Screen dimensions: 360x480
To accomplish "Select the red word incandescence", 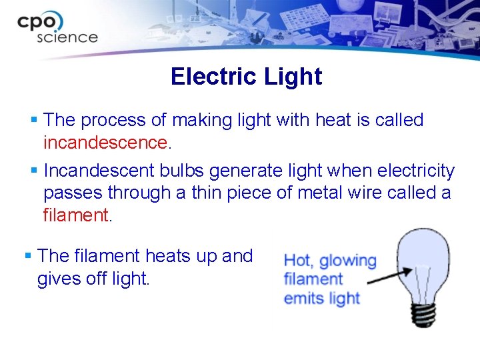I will (x=105, y=143).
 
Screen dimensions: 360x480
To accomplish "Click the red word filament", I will (x=74, y=215).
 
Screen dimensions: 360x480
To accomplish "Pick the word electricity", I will (x=416, y=171).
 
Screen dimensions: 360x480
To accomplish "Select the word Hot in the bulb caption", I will (x=299, y=261).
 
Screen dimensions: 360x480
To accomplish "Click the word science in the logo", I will (x=67, y=37).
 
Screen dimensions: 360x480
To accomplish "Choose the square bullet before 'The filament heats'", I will (x=28, y=255).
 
